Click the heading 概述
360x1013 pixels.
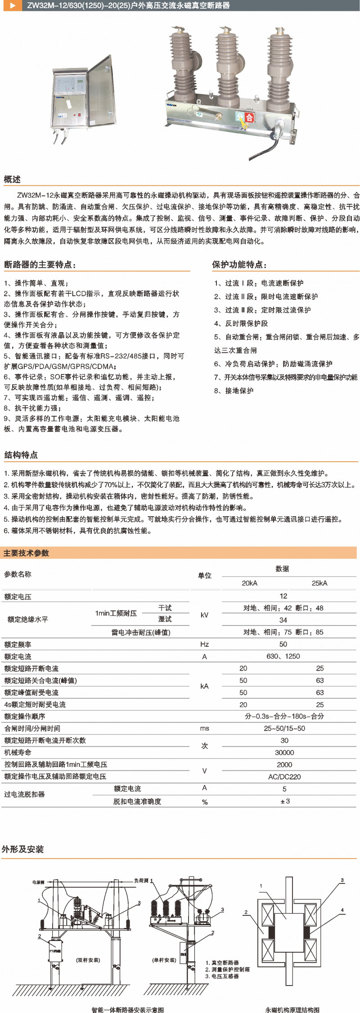pyautogui.click(x=13, y=179)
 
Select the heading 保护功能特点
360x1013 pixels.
pyautogui.click(x=239, y=265)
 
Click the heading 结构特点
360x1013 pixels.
pyautogui.click(x=21, y=455)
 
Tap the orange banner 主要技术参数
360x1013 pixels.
pyautogui.click(x=26, y=553)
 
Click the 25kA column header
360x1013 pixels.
pyautogui.click(x=319, y=583)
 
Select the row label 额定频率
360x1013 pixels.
pyautogui.click(x=18, y=644)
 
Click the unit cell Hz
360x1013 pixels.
pyautogui.click(x=204, y=644)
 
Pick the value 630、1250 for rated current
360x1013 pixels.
pyautogui.click(x=283, y=657)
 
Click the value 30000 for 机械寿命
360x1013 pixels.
pyautogui.click(x=284, y=752)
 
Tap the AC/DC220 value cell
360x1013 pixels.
pyautogui.click(x=284, y=777)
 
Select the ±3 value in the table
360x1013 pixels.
pyautogui.click(x=285, y=801)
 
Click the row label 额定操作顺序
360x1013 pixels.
pyautogui.click(x=25, y=716)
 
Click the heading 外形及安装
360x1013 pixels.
pyautogui.click(x=23, y=849)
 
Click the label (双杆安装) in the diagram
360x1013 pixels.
pyautogui.click(x=88, y=960)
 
